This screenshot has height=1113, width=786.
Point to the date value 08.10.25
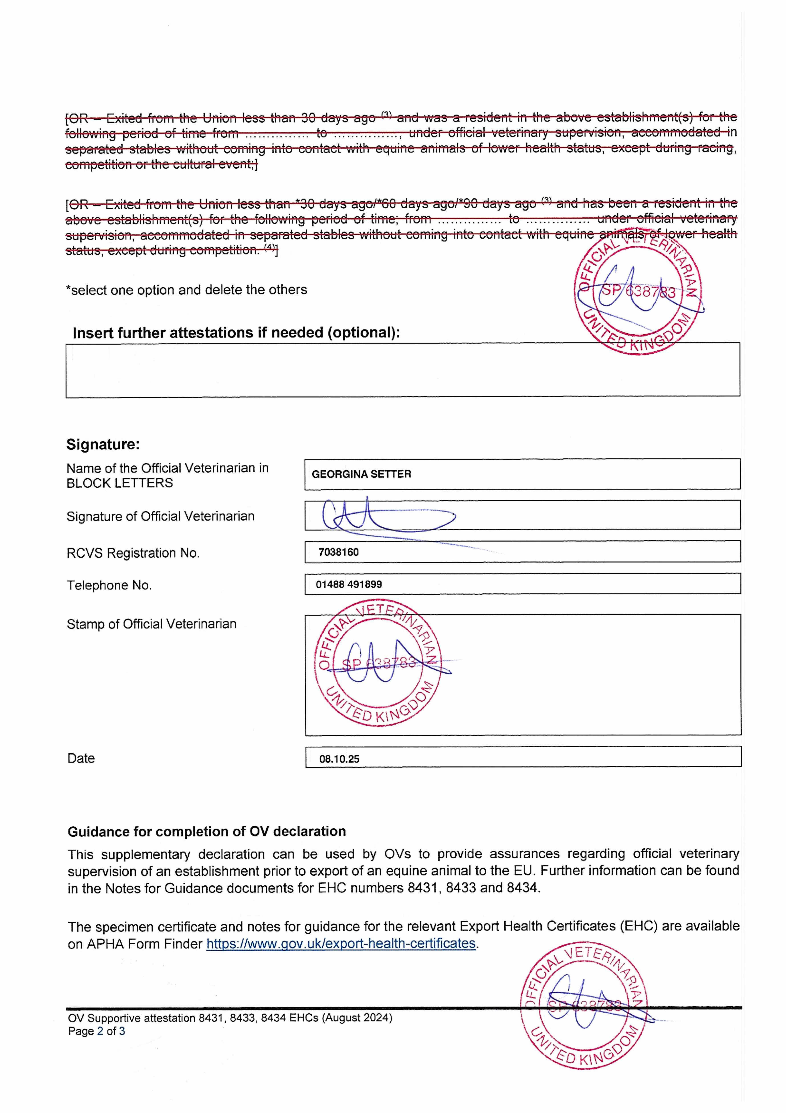[339, 759]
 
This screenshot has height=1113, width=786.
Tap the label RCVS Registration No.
[133, 553]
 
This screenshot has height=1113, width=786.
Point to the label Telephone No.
[109, 586]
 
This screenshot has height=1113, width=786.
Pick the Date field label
[81, 759]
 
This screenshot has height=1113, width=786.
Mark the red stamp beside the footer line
[584, 1008]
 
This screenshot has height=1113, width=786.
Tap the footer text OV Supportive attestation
[230, 1018]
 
